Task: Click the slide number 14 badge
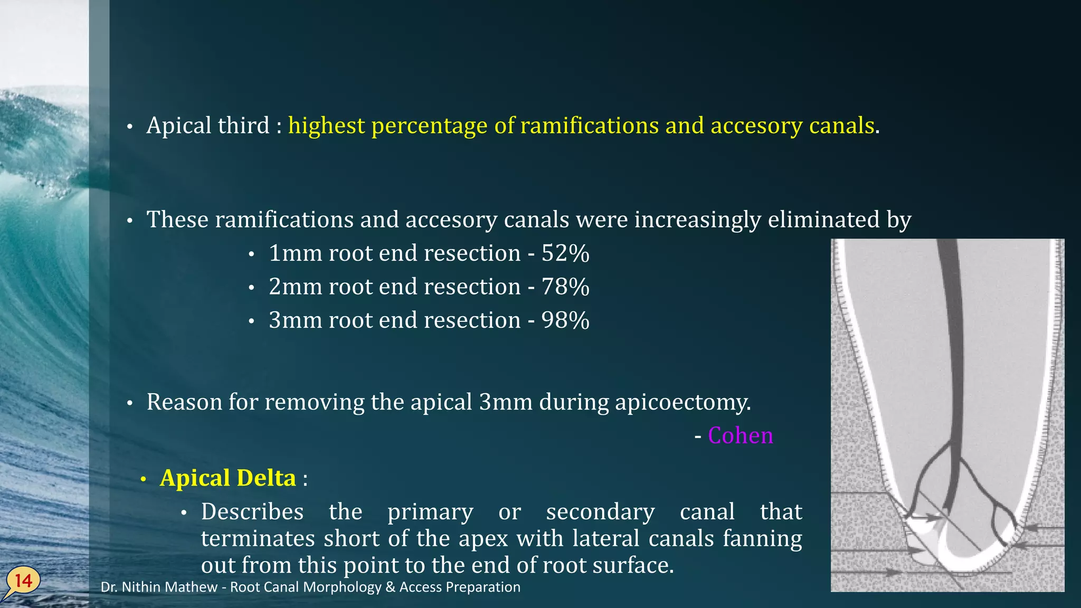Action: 23,581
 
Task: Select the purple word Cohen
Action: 740,435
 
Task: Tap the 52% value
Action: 565,253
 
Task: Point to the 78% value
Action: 565,287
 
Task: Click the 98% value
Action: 565,320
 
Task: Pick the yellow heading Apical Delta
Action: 227,478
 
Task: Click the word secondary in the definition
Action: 600,512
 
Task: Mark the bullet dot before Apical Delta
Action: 143,479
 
